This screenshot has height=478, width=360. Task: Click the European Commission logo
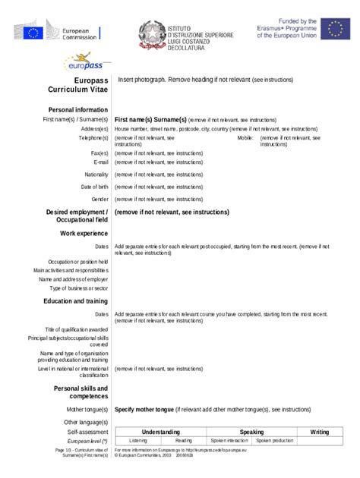pyautogui.click(x=57, y=33)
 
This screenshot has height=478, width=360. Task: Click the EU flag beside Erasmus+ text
pyautogui.click(x=335, y=29)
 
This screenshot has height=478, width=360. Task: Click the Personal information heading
pyautogui.click(x=77, y=110)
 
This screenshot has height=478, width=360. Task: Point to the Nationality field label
pyautogui.click(x=96, y=175)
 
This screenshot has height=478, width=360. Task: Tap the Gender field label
pyautogui.click(x=99, y=199)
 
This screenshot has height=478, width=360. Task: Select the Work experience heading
pyautogui.click(x=84, y=234)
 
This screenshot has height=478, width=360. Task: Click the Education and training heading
pyautogui.click(x=75, y=301)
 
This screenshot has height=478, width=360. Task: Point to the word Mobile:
pyautogui.click(x=245, y=138)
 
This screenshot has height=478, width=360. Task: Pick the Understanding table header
pyautogui.click(x=160, y=432)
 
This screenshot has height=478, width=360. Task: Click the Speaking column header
pyautogui.click(x=251, y=432)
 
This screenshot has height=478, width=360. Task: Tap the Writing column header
pyautogui.click(x=319, y=432)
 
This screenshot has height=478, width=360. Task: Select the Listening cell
pyautogui.click(x=138, y=441)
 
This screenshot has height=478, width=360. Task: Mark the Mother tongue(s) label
pyautogui.click(x=87, y=409)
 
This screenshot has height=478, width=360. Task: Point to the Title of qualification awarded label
pyautogui.click(x=76, y=329)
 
